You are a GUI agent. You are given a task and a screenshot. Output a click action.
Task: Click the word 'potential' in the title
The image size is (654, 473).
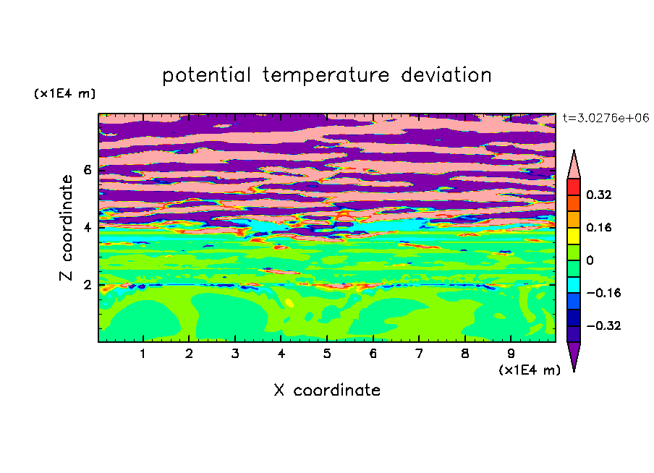[x=206, y=75]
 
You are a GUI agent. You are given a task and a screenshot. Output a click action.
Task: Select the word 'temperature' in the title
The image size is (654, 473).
[x=326, y=75]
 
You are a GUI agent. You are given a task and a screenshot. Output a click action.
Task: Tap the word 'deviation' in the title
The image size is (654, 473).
[x=446, y=75]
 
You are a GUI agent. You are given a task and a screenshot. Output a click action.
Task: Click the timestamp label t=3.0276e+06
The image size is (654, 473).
[x=606, y=118]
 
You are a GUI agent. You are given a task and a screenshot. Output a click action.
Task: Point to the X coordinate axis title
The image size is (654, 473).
[x=328, y=390]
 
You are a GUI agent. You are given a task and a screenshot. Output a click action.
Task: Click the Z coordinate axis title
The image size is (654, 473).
[x=66, y=228]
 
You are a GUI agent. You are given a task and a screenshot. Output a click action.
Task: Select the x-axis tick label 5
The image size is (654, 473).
[x=327, y=354]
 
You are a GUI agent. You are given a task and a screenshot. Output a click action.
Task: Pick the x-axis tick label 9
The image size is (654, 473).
[x=511, y=354]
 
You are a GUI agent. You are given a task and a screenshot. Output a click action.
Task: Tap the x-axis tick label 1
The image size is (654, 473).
[x=143, y=354]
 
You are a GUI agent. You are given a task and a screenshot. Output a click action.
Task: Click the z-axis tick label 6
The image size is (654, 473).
[x=87, y=170]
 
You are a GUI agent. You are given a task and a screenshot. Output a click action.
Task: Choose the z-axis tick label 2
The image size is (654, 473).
[x=87, y=285]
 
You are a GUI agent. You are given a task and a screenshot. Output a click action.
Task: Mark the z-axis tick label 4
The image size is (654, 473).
[x=87, y=228]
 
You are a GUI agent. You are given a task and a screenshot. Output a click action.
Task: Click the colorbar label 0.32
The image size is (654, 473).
[x=598, y=195]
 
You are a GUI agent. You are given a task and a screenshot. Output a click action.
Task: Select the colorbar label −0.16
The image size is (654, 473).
[x=603, y=293]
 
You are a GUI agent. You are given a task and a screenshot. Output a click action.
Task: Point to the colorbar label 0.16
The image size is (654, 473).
[x=598, y=227]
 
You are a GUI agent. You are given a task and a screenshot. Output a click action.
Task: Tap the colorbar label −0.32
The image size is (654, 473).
[x=603, y=325]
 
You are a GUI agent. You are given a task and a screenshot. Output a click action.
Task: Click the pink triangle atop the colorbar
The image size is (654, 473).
[x=574, y=167]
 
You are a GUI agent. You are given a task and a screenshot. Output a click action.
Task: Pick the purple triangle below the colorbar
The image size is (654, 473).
[x=574, y=354]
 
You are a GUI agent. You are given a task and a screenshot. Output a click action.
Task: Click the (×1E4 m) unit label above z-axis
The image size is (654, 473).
[x=64, y=93]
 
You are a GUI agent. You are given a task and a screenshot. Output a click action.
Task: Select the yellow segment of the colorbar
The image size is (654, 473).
[x=574, y=236]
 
